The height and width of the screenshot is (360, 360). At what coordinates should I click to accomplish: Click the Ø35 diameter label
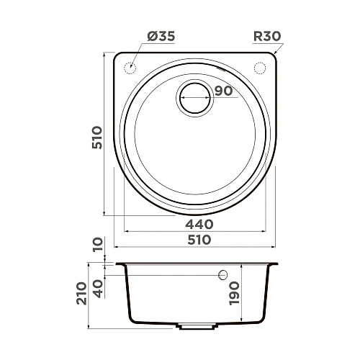pos(161,35)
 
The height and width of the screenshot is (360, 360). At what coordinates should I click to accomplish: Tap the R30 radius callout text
pos(268,35)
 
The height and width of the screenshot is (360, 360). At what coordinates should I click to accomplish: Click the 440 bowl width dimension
pos(199,224)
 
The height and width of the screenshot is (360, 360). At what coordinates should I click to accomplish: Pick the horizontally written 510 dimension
pos(199,240)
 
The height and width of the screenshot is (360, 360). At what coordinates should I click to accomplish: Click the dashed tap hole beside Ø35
pos(130,68)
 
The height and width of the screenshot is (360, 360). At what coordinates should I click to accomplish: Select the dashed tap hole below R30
pos(259,68)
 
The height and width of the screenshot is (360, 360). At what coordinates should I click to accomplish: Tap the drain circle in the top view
pos(195,97)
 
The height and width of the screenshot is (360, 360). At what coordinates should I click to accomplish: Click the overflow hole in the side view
pos(222,274)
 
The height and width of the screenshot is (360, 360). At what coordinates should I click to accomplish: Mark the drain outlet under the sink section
pos(197,325)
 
